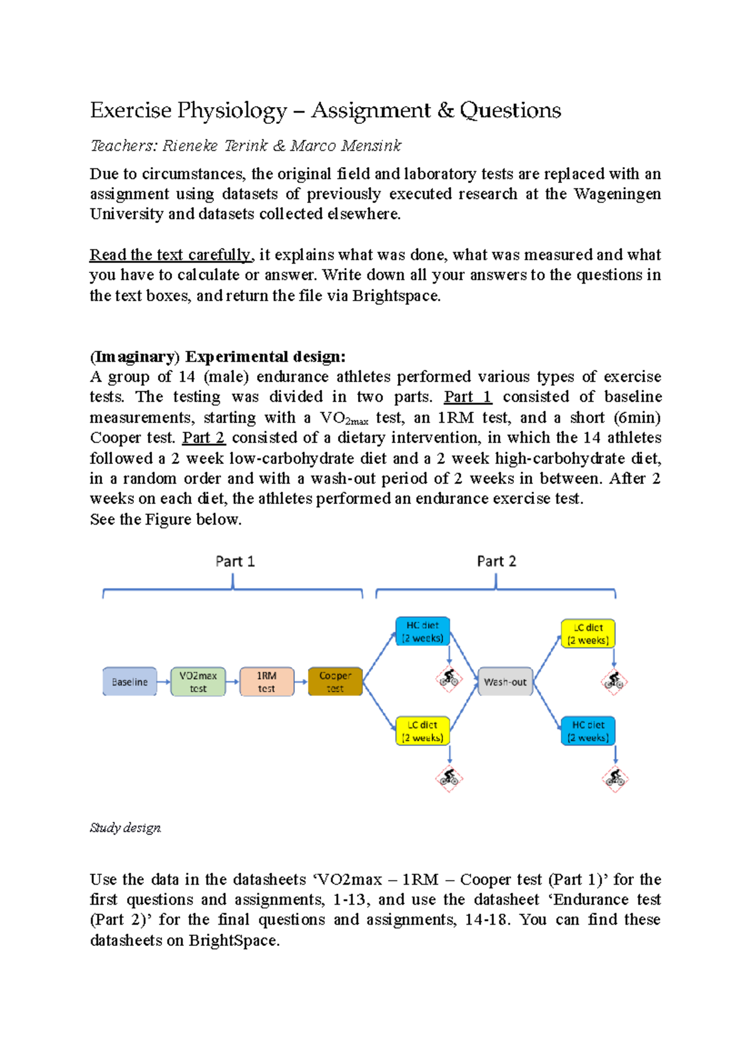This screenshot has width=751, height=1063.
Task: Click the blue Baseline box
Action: pyautogui.click(x=130, y=682)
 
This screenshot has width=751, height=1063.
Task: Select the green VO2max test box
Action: pyautogui.click(x=198, y=682)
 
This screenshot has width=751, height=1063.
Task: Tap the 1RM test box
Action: pyautogui.click(x=267, y=682)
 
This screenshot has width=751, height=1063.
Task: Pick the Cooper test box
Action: pyautogui.click(x=335, y=682)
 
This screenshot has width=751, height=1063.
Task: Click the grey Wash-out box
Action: pyautogui.click(x=505, y=682)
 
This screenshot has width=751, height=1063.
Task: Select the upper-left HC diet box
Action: pyautogui.click(x=422, y=632)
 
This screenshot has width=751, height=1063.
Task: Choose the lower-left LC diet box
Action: pyautogui.click(x=422, y=731)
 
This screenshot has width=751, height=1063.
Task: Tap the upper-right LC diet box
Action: pyautogui.click(x=588, y=634)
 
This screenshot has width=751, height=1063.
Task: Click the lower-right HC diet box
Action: pyautogui.click(x=588, y=731)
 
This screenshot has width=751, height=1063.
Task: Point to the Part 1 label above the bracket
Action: pyautogui.click(x=235, y=562)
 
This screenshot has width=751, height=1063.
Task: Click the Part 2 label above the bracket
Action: pyautogui.click(x=496, y=562)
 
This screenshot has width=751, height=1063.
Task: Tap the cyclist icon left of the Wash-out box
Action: pyautogui.click(x=449, y=679)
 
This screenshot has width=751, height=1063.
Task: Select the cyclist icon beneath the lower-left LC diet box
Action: pyautogui.click(x=449, y=778)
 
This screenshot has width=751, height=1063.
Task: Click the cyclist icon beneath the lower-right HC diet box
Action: pyautogui.click(x=615, y=779)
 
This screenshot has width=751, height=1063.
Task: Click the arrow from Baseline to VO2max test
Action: pyautogui.click(x=163, y=682)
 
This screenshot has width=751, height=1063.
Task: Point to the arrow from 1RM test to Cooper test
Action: pyautogui.click(x=301, y=682)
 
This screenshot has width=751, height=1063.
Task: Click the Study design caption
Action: pyautogui.click(x=125, y=828)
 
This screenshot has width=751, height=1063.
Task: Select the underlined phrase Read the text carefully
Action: pyautogui.click(x=170, y=255)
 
